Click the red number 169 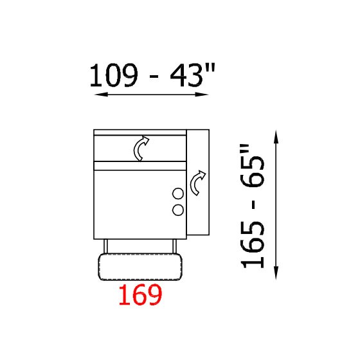coord(141,294)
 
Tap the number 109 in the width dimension coord(114,75)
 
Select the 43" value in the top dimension coord(192,75)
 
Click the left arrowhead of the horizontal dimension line coord(101,94)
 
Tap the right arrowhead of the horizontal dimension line coord(202,94)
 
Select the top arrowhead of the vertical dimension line coord(276,137)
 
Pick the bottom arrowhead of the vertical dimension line coord(276,273)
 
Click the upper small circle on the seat coord(178,194)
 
